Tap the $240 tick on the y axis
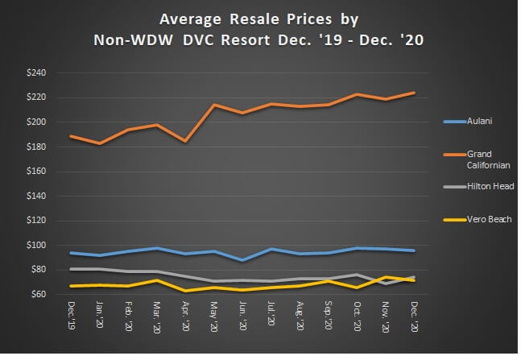coord(35,72)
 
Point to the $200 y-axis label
coord(35,122)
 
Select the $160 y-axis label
coord(35,171)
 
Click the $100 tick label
coord(35,245)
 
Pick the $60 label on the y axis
coord(37,294)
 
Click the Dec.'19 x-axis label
coord(72,315)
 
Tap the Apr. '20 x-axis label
coord(186,316)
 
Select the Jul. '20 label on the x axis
coord(271,316)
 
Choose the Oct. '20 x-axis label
coord(357,316)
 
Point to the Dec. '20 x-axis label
coord(414,316)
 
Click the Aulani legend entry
coord(478,122)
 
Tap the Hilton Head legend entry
coord(489,185)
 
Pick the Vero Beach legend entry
coord(487,219)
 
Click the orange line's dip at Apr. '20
coord(186,141)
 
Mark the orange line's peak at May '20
coord(214,105)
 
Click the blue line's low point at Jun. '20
coord(242,260)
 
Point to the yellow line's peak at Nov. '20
coord(385,277)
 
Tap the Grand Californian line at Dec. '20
coord(414,93)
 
